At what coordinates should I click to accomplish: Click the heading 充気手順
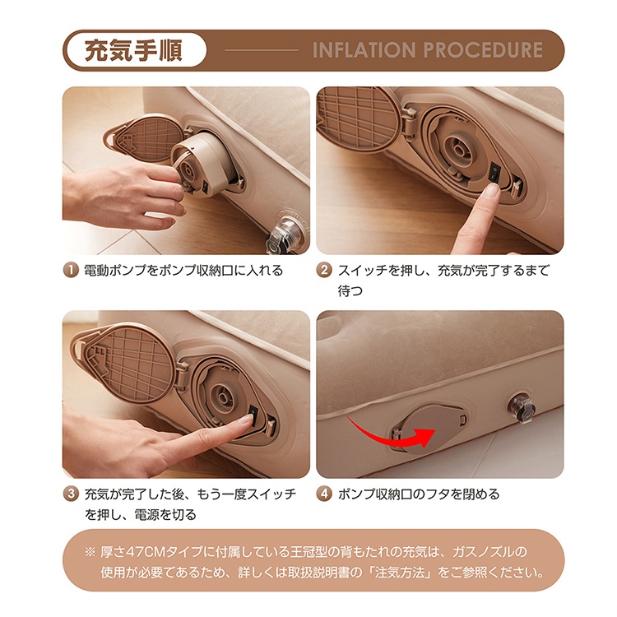coord(133,50)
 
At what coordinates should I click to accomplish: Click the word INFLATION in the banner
coord(364,50)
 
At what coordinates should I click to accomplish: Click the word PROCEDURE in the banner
coord(483,50)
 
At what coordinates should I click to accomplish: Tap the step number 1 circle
coord(71,271)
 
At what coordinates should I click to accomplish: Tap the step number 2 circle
coord(324,271)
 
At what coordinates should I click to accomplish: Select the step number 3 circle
coord(71,494)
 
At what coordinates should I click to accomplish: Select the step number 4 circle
coord(324,494)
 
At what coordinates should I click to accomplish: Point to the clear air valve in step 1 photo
coord(285,235)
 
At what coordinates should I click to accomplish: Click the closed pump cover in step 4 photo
coord(430,429)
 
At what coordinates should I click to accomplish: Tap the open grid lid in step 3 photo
coord(129,363)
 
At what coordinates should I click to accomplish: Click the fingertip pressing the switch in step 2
coord(490,192)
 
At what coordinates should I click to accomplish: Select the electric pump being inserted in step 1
coord(202,165)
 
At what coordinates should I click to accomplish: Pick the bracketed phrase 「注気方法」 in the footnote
coord(400,572)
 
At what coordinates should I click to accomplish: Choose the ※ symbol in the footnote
coord(90,552)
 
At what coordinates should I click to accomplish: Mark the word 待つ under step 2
coord(350,290)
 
